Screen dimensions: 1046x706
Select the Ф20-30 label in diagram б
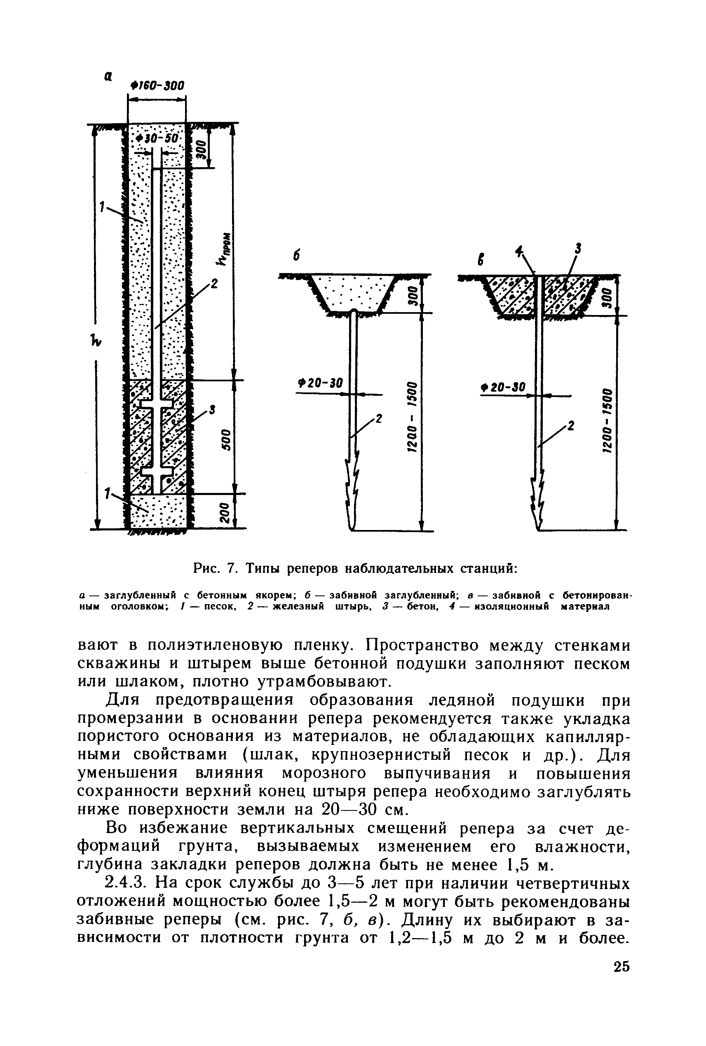click(320, 383)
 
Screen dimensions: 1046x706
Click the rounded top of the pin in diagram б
click(354, 312)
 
